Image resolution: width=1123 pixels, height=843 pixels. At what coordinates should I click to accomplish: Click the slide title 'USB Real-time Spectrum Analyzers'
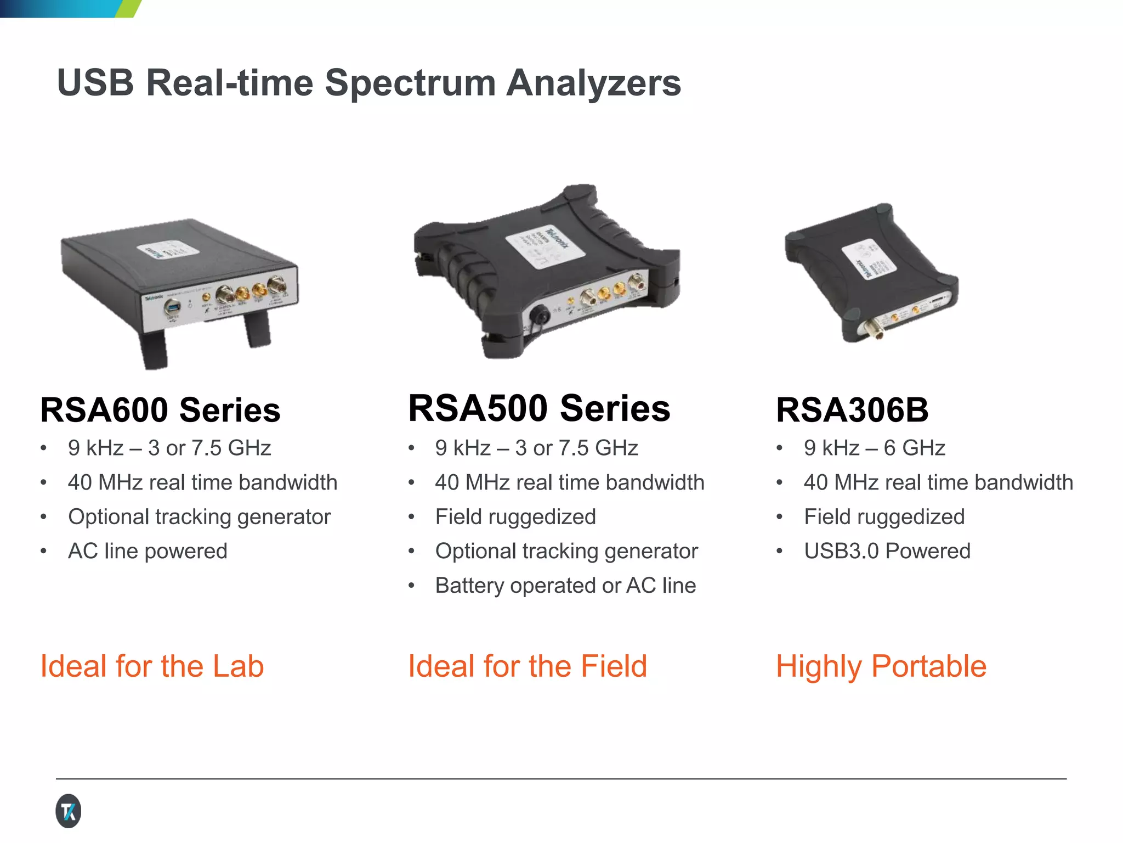tap(368, 83)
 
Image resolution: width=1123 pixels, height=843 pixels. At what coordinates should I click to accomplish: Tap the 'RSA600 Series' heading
tap(160, 410)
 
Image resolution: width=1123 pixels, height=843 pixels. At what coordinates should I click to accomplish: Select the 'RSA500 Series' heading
tap(539, 408)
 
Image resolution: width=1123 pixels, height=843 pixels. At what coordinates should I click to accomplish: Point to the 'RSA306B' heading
tap(852, 410)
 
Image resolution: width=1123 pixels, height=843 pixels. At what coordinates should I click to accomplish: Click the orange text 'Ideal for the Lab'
tap(152, 666)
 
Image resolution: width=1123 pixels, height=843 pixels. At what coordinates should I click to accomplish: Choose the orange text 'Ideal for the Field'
tap(528, 666)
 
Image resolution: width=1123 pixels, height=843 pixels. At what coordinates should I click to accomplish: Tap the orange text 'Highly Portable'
tap(881, 666)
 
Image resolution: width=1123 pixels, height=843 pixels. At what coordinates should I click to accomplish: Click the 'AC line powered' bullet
tap(148, 551)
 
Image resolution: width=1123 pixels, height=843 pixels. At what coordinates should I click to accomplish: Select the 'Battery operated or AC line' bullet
tap(565, 586)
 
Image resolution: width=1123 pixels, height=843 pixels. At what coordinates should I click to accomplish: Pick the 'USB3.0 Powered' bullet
tap(887, 551)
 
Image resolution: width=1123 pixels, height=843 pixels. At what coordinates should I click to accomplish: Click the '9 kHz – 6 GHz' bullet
tap(874, 448)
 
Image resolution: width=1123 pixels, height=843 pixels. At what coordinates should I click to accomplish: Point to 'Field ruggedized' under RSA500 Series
tap(515, 517)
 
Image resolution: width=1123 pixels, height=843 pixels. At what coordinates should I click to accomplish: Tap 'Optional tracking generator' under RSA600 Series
tap(200, 517)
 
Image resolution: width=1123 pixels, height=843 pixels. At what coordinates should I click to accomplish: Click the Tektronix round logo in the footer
tap(69, 811)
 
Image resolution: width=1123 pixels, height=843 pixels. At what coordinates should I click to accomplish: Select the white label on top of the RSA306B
tap(870, 258)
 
